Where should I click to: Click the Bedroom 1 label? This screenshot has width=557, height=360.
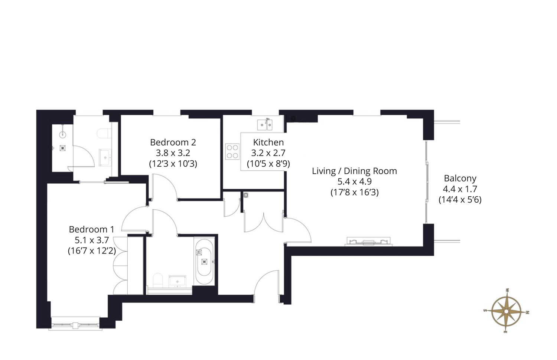tap(91, 229)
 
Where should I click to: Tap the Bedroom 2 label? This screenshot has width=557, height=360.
tap(173, 143)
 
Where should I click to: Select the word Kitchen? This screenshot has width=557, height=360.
tap(268, 143)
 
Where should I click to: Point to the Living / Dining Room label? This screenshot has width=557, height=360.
tap(354, 171)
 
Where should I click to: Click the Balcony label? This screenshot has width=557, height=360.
tap(460, 179)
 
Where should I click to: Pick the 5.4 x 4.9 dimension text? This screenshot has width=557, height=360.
tap(354, 181)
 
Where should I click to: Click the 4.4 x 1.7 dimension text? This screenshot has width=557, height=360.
tap(460, 189)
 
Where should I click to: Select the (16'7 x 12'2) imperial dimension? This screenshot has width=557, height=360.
tap(92, 251)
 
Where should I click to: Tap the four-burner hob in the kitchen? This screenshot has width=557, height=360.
tap(232, 151)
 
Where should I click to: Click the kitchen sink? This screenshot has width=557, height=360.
tap(265, 125)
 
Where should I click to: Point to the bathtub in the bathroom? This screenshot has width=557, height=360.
tap(204, 261)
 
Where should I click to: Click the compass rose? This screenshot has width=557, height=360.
tap(506, 311)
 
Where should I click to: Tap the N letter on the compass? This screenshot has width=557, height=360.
tap(527, 312)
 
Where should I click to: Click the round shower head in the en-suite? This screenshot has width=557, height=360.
tap(63, 135)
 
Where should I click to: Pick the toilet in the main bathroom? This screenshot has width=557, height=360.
tap(157, 280)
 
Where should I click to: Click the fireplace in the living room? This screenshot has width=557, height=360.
tap(368, 242)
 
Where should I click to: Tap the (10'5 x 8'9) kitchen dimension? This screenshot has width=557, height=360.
tap(268, 164)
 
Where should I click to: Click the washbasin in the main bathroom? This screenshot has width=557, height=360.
tap(177, 281)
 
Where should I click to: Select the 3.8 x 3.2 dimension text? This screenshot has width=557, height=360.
tap(173, 153)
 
